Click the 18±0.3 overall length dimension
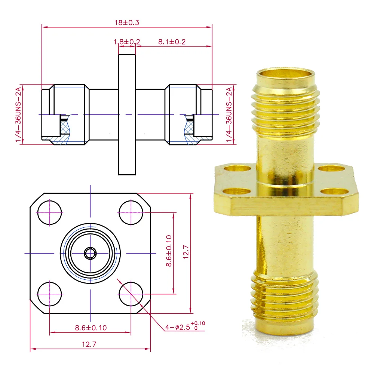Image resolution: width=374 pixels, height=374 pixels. tap(127, 23)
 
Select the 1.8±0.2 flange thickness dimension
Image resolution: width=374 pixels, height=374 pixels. tap(127, 42)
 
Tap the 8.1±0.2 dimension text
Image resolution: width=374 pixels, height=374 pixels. tap(172, 42)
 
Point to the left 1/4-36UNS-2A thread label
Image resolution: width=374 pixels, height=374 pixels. tap(18, 114)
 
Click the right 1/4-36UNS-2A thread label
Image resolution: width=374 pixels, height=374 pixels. tap(229, 114)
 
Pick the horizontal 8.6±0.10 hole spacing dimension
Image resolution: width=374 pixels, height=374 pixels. tap(91, 328)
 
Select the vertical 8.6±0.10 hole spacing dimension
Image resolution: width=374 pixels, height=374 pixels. tap(169, 251)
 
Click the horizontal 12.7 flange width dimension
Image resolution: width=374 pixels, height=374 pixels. tap(89, 344)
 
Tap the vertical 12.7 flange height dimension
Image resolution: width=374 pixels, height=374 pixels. tap(186, 252)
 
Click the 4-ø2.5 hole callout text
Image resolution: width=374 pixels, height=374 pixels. tap(185, 326)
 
